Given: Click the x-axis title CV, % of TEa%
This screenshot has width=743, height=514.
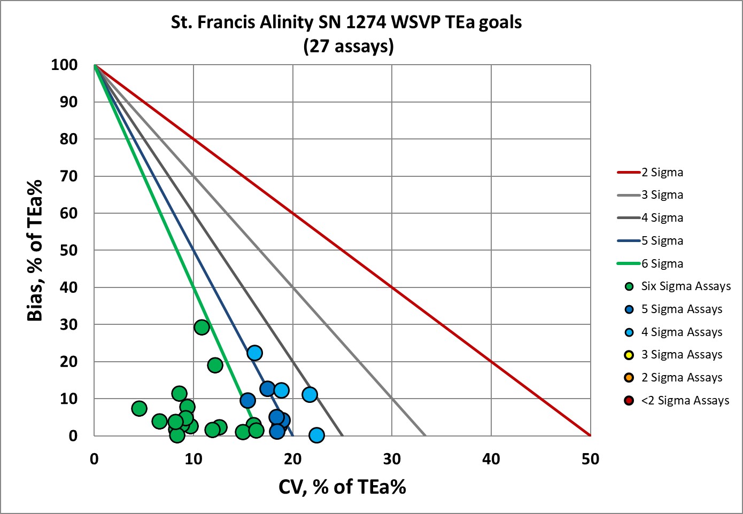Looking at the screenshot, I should (x=342, y=487).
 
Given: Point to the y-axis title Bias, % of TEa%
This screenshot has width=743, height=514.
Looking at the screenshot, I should (x=35, y=250).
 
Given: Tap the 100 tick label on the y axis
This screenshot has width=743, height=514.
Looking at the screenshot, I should (x=64, y=65).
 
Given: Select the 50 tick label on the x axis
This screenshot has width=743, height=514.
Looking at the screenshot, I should (x=590, y=459).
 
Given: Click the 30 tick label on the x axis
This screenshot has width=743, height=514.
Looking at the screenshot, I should (x=392, y=459).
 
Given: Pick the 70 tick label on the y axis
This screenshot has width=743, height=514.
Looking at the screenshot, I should (x=68, y=176).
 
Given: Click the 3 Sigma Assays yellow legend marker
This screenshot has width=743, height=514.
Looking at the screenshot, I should (x=629, y=355).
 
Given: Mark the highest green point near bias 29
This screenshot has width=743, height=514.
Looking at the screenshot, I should (x=202, y=328).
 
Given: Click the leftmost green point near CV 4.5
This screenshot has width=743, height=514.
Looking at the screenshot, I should (x=139, y=409).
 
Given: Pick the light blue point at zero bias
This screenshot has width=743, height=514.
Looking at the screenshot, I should (x=316, y=435).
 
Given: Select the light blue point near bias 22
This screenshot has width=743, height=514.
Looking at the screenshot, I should (x=254, y=353).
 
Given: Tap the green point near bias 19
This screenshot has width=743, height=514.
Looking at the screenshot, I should (x=215, y=365).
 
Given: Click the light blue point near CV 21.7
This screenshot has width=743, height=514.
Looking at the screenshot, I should (x=309, y=395).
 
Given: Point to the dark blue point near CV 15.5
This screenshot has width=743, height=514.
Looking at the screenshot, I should (x=247, y=400).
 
